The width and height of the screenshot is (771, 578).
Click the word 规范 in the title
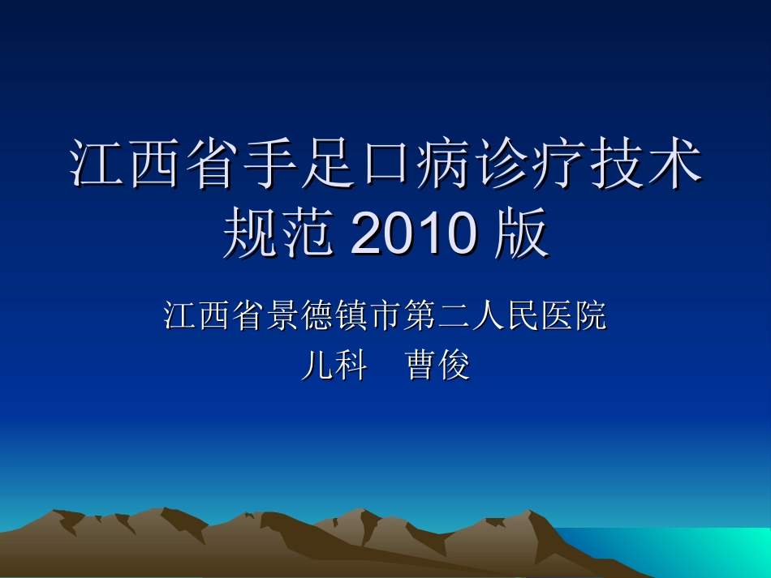[x=278, y=235]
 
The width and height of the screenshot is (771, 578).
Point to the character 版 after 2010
[x=520, y=235]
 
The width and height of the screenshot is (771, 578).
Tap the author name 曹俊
[x=437, y=366]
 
